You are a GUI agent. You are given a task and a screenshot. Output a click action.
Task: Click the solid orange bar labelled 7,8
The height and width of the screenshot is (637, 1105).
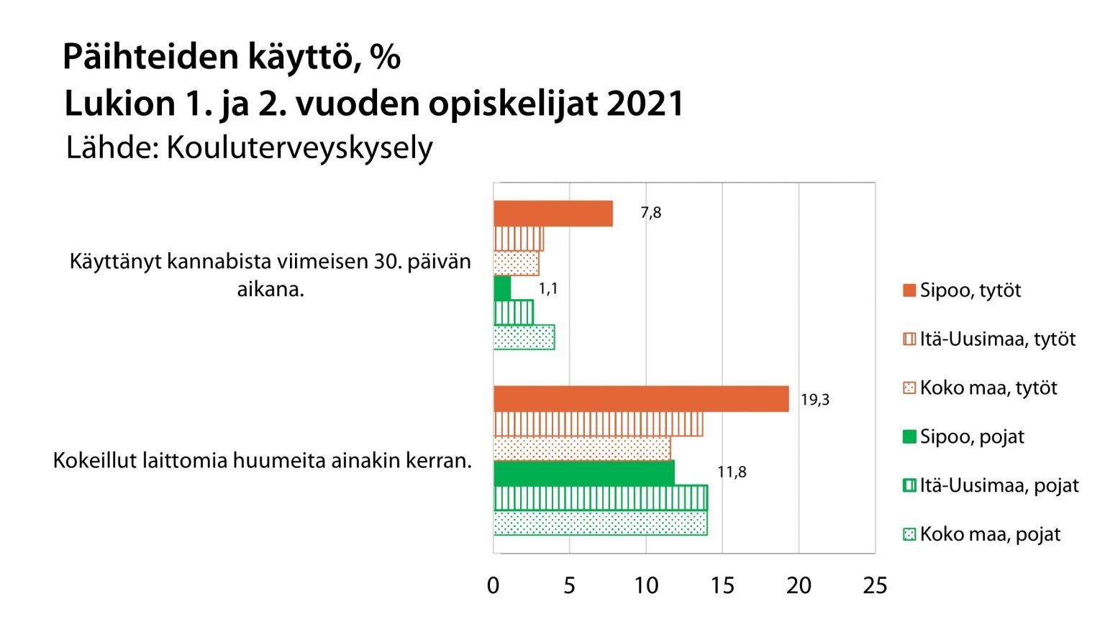pyautogui.click(x=552, y=214)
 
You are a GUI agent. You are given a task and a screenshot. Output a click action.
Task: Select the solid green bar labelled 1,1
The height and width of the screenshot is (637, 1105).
pyautogui.click(x=502, y=288)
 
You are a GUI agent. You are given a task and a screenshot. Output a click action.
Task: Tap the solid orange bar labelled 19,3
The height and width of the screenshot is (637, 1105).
pyautogui.click(x=640, y=399)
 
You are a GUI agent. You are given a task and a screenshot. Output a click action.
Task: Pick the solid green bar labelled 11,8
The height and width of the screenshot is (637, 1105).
pyautogui.click(x=583, y=472)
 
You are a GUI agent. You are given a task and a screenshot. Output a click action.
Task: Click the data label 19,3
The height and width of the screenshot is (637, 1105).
pyautogui.click(x=815, y=400)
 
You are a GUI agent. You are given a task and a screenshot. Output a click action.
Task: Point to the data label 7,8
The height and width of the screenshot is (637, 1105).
pyautogui.click(x=650, y=213)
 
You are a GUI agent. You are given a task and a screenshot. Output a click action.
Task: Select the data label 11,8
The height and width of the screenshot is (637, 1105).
pyautogui.click(x=732, y=472)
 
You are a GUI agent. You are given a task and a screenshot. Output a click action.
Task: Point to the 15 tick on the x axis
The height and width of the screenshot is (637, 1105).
pyautogui.click(x=722, y=586)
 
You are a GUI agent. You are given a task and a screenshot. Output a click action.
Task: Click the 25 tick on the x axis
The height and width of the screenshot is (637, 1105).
pyautogui.click(x=875, y=586)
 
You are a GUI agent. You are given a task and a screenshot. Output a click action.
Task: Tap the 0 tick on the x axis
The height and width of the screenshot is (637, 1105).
pyautogui.click(x=493, y=586)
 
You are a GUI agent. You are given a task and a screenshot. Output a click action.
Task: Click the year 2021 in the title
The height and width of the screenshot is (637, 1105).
pyautogui.click(x=645, y=104)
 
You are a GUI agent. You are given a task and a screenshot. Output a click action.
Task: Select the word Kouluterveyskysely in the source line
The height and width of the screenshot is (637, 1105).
pyautogui.click(x=299, y=148)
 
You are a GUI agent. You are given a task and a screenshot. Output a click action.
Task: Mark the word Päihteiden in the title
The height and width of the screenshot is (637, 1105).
pyautogui.click(x=150, y=57)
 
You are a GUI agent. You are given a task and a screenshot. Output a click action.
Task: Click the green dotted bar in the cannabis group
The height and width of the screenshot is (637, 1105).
pyautogui.click(x=524, y=338)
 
